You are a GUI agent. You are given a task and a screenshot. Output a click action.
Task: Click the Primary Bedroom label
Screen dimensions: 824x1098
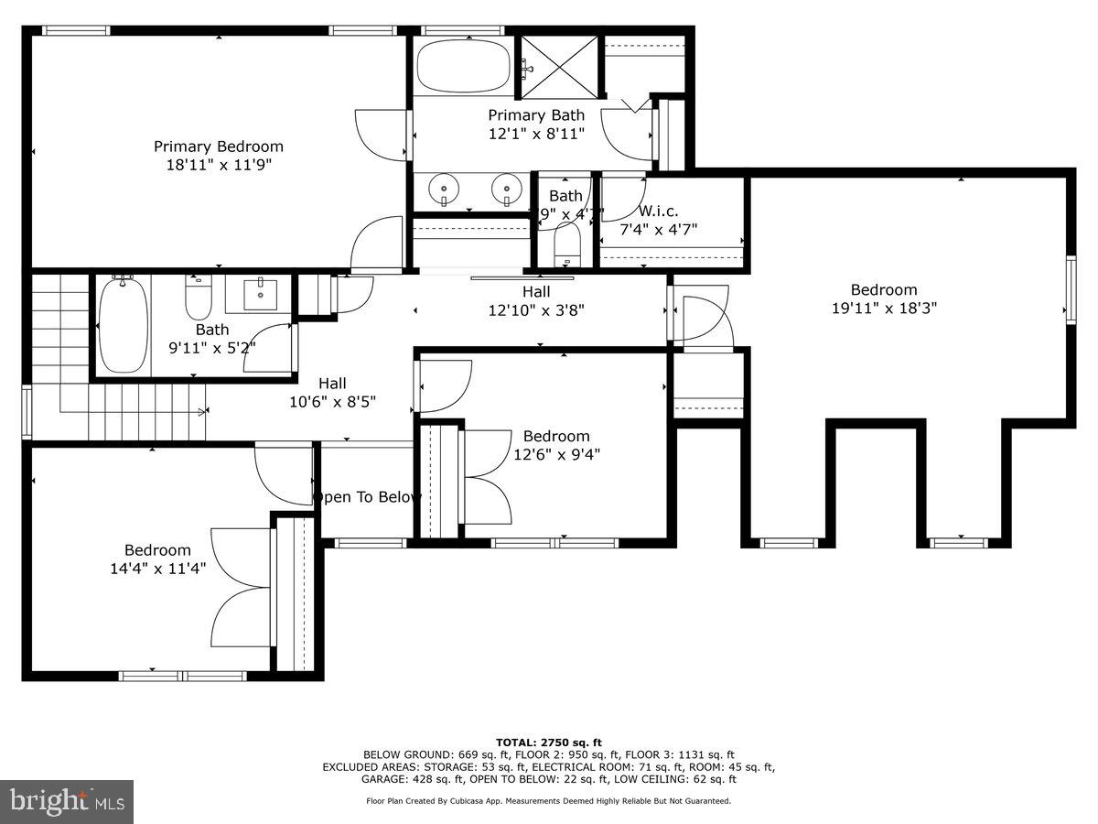(218, 146)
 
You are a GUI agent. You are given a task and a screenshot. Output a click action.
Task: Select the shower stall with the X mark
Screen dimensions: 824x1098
(559, 66)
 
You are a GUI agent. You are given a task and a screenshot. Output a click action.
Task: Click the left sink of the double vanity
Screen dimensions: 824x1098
(444, 190)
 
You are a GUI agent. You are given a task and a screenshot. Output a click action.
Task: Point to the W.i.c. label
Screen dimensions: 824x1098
(658, 211)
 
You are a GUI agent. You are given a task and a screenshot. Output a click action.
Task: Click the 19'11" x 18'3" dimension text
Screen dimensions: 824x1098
(883, 309)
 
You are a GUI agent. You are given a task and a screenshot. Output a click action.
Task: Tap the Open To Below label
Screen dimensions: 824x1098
(367, 497)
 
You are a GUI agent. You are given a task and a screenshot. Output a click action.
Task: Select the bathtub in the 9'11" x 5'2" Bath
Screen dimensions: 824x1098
(123, 325)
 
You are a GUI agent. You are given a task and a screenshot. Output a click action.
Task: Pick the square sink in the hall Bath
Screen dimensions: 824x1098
(263, 293)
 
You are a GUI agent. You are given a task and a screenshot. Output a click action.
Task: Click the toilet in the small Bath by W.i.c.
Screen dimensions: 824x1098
(567, 245)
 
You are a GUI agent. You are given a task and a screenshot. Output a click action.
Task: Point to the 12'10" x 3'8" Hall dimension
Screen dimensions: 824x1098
(536, 310)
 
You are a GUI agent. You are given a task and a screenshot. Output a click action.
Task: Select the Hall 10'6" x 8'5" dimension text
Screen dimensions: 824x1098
(332, 401)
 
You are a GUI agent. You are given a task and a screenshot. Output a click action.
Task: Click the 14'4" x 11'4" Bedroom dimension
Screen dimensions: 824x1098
(157, 568)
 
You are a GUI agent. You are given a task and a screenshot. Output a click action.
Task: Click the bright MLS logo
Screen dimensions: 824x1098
(67, 801)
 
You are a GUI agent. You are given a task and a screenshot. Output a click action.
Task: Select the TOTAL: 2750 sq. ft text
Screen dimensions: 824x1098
(548, 742)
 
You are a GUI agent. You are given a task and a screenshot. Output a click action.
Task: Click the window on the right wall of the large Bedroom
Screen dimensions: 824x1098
(1071, 289)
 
